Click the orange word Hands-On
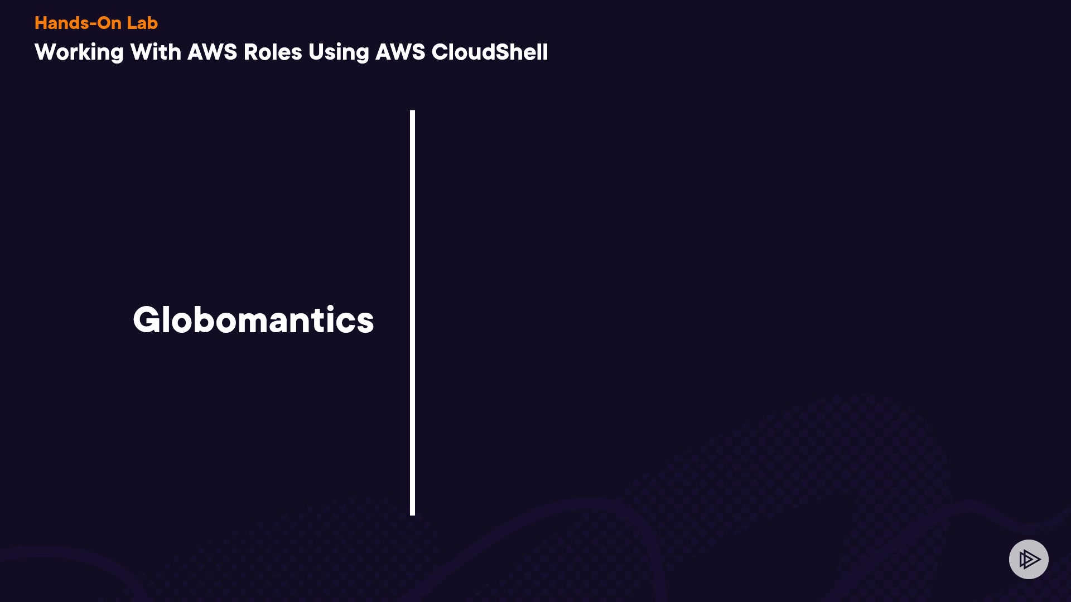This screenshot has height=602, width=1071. pyautogui.click(x=78, y=23)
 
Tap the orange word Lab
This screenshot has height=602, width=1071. pyautogui.click(x=142, y=23)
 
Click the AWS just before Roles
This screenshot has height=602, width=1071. pyautogui.click(x=213, y=52)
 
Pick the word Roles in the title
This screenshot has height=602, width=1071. pyautogui.click(x=273, y=52)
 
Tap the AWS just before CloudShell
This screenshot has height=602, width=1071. pyautogui.click(x=401, y=52)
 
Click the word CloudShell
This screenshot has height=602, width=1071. pyautogui.click(x=490, y=52)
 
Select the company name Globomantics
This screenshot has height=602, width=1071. pyautogui.click(x=253, y=320)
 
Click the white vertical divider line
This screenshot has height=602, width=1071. pyautogui.click(x=412, y=313)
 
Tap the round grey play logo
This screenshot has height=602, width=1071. pyautogui.click(x=1029, y=559)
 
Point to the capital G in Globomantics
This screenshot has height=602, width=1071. pyautogui.click(x=148, y=320)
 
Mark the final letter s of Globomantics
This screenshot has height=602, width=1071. pyautogui.click(x=364, y=324)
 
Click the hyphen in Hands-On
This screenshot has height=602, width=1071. pyautogui.click(x=93, y=24)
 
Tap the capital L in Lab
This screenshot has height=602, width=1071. pyautogui.click(x=132, y=23)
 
